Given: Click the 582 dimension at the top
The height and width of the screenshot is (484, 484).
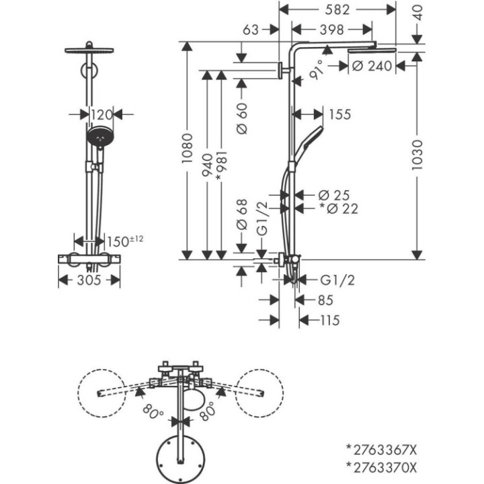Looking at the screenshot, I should pos(337,9).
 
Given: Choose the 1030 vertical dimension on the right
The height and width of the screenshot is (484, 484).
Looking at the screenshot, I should pos(417,155).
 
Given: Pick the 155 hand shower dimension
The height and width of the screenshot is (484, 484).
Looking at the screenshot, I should pos(340,114).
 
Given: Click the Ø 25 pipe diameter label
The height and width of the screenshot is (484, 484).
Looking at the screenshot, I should pos(334,196).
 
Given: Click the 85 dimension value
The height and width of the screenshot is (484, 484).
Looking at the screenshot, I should pos(325,300).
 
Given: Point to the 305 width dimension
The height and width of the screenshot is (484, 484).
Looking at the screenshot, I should pos(87,281).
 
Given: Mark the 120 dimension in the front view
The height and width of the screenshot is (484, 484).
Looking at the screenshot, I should pos(100,115).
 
